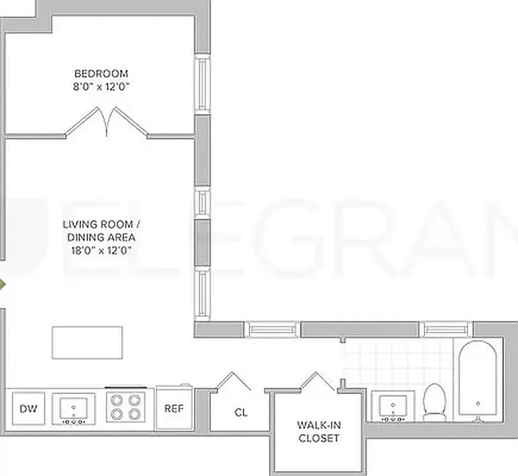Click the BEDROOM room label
tap(101, 73)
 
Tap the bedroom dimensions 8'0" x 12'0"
tap(101, 86)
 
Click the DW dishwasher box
tap(28, 409)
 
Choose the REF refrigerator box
tap(173, 409)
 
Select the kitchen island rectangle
tap(87, 342)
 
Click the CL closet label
tap(241, 412)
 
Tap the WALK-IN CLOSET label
tap(318, 432)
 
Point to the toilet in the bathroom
tap(435, 402)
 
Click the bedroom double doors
tap(107, 123)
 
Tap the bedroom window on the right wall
tap(202, 84)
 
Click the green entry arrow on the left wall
tap(2, 284)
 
